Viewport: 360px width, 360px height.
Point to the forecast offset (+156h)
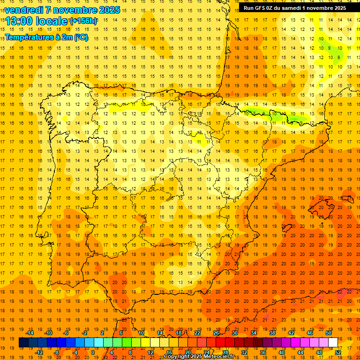[83, 21]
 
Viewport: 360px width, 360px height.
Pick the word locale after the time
[53, 21]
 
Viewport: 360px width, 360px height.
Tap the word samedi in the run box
[294, 7]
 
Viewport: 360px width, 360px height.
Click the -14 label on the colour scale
[29, 333]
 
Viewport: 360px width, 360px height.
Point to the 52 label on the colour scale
[338, 352]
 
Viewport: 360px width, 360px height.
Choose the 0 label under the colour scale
[93, 352]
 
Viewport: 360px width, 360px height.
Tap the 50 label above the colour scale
[329, 333]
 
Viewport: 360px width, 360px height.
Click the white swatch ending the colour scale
[333, 343]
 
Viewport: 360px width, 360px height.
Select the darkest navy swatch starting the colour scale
[23, 343]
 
